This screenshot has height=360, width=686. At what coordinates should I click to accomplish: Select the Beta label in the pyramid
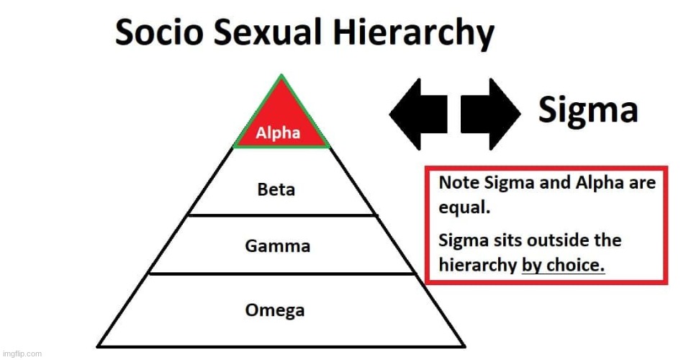[x=276, y=190]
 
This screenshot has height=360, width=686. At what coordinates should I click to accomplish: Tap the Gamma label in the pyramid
[x=277, y=246]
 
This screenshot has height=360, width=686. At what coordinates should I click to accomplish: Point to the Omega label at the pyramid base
[x=275, y=310]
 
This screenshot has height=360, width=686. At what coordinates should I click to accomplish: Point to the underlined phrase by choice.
[x=563, y=265]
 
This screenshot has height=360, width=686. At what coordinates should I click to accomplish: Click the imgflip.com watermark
[x=22, y=353]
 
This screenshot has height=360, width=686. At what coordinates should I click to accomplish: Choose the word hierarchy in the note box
[x=477, y=265]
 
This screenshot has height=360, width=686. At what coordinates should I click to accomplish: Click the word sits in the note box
[x=502, y=240]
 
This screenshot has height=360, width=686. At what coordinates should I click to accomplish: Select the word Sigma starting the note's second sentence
[x=461, y=240]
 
